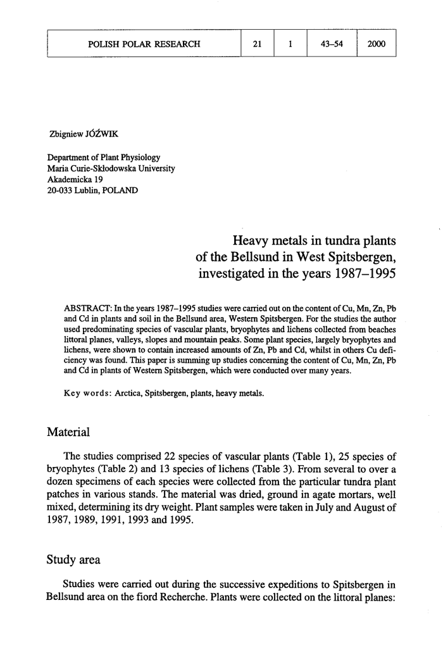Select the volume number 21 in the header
(257, 44)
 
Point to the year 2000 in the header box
(377, 44)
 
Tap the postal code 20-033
(61, 190)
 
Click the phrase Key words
(87, 393)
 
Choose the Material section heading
(68, 433)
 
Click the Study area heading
(73, 560)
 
